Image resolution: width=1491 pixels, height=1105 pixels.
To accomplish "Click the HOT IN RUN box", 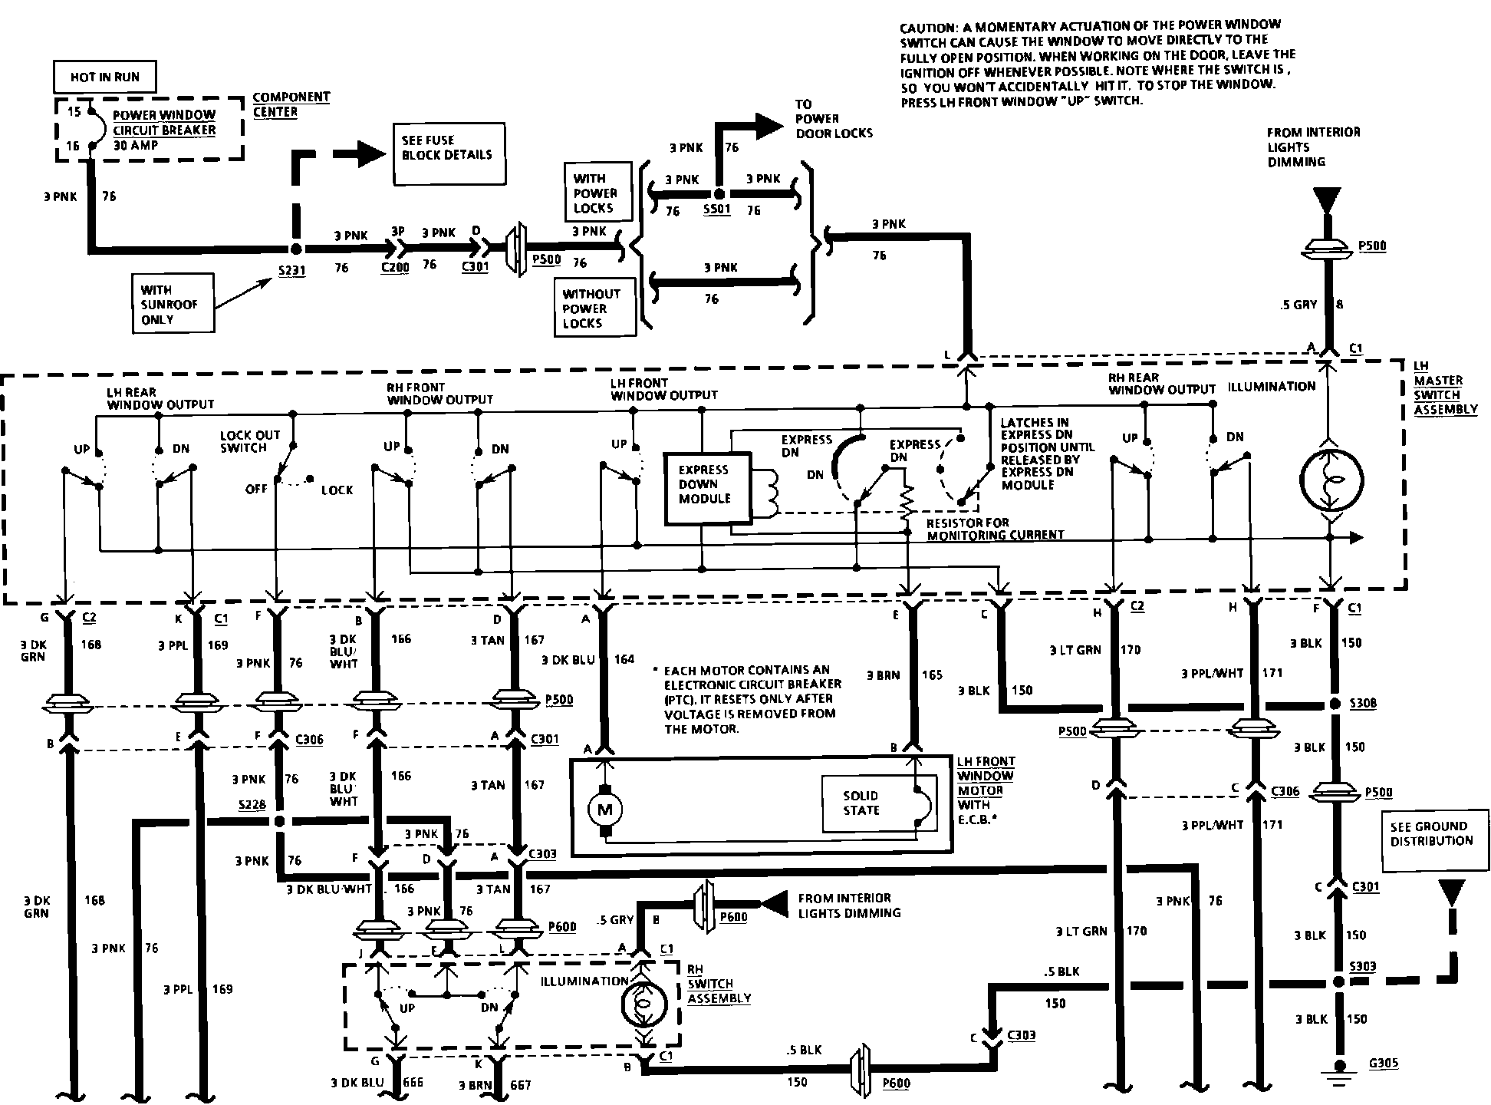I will (104, 78).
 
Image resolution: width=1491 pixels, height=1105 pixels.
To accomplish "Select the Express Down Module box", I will (704, 484).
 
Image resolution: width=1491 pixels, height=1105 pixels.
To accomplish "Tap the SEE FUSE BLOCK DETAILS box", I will (449, 153).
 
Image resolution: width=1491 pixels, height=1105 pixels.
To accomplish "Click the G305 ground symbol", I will (1340, 1070).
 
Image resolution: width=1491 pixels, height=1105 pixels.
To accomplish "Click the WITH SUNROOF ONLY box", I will (172, 304).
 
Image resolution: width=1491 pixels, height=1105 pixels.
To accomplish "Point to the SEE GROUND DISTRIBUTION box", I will (1432, 833).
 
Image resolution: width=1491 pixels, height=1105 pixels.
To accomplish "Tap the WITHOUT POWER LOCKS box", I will (595, 308).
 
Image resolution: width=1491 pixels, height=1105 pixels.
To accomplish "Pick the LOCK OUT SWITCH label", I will (250, 441).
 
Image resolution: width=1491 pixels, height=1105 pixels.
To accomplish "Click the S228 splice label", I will (252, 803).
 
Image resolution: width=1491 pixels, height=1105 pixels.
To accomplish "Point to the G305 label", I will (1383, 1064).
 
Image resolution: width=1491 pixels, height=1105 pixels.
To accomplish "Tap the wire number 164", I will (624, 658).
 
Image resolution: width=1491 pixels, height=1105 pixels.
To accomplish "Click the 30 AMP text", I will (135, 145).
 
